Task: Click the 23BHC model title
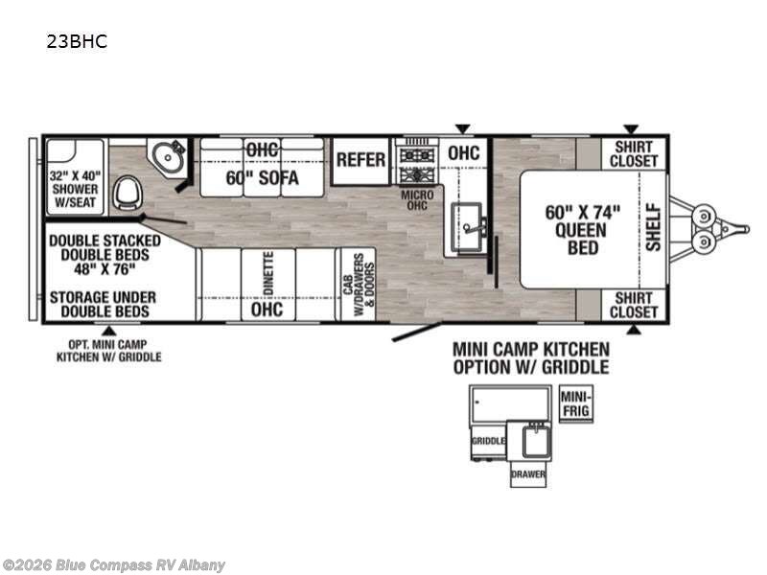tap(77, 41)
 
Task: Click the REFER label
tap(360, 160)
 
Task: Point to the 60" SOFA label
tap(262, 178)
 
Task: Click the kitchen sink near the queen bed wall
tap(468, 227)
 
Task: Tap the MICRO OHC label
tap(417, 200)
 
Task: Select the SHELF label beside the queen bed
tap(653, 228)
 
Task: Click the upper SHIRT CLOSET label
tap(634, 153)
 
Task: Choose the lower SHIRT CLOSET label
tap(634, 305)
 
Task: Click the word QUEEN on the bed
tap(581, 230)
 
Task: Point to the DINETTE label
tap(268, 273)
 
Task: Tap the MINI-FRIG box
tap(576, 403)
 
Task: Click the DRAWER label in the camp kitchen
tap(528, 474)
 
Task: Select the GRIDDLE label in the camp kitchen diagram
tap(488, 441)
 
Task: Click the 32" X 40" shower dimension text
tap(75, 175)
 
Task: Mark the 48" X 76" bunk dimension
tap(105, 268)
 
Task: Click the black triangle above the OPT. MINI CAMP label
tap(109, 331)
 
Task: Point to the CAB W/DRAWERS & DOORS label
tap(359, 284)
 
